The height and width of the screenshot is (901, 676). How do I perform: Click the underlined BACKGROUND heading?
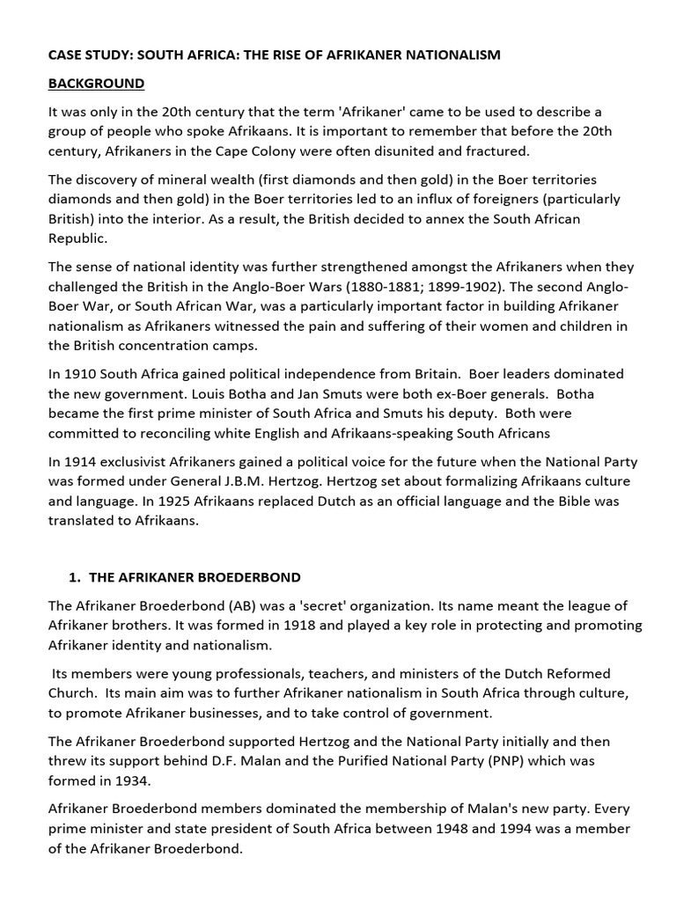(96, 84)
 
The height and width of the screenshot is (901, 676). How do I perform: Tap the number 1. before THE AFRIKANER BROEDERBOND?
(74, 577)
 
